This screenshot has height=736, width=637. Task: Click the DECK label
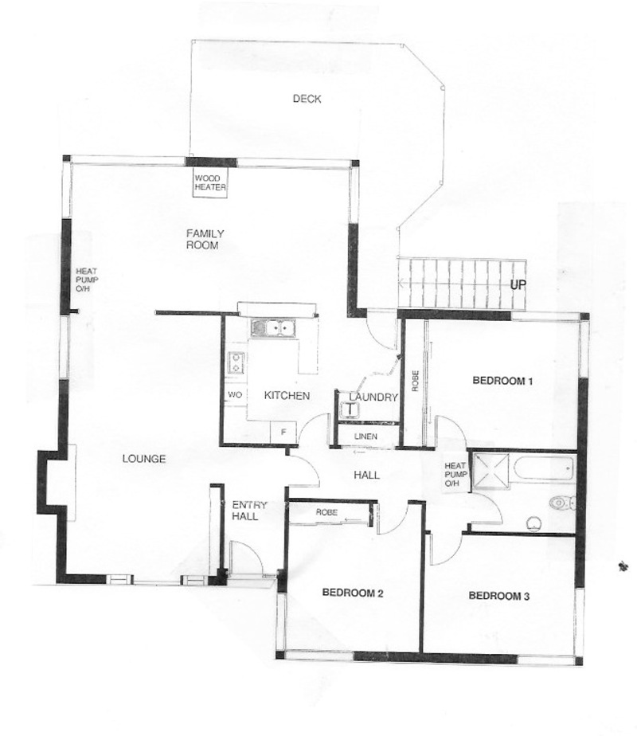click(307, 99)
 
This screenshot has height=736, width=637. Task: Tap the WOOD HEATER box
click(210, 182)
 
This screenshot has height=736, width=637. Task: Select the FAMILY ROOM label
click(205, 239)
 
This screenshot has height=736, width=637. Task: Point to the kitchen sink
click(273, 327)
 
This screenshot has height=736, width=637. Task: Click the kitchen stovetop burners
click(236, 362)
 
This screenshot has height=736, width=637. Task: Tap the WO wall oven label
click(235, 395)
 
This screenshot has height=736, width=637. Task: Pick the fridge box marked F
click(283, 432)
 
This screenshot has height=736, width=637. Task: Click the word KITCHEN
click(287, 396)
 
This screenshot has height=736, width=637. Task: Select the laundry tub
click(350, 409)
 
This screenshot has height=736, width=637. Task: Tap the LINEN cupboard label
click(365, 437)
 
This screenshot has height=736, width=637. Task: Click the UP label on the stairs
click(518, 284)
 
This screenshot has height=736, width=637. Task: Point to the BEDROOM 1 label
click(502, 381)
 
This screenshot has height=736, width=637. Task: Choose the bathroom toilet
click(562, 503)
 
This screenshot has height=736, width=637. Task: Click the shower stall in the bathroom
click(490, 470)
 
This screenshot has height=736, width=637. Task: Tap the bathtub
click(544, 468)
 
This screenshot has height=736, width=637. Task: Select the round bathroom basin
click(533, 524)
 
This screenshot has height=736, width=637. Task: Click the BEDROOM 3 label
click(499, 596)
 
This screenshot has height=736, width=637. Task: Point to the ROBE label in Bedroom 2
click(326, 512)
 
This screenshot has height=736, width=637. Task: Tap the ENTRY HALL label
click(248, 511)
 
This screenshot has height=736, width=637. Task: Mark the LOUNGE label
click(144, 459)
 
